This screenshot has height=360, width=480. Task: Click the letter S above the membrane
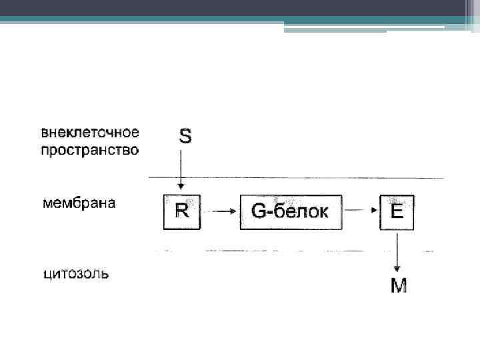[x=185, y=137]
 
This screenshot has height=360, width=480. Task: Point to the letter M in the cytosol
[x=399, y=286]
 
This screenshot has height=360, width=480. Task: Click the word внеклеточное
[x=90, y=132]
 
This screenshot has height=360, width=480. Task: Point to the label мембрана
[x=79, y=203]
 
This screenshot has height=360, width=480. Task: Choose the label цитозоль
[x=75, y=274]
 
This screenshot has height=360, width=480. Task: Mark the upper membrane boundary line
[x=300, y=177]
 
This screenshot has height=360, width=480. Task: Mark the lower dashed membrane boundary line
[x=300, y=251]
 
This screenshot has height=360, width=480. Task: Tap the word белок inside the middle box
[x=299, y=211]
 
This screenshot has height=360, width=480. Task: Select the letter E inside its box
[x=397, y=211]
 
